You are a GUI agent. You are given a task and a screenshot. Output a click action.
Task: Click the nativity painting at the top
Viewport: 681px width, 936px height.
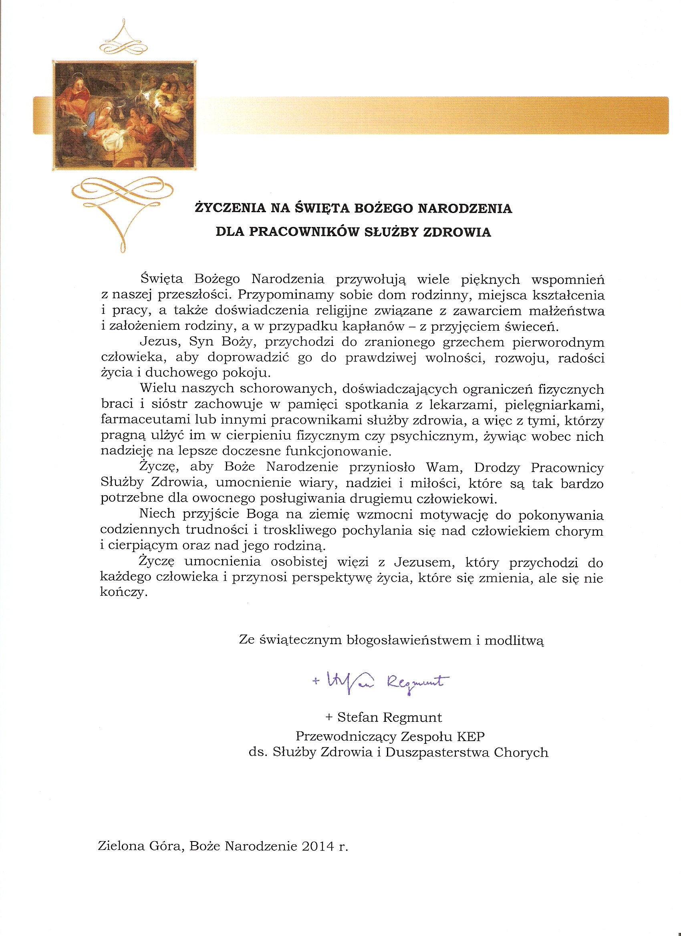click(124, 115)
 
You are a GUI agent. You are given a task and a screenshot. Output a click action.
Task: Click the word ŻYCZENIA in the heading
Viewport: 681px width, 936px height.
click(230, 208)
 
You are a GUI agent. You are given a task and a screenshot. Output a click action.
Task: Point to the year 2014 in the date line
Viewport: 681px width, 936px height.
click(318, 846)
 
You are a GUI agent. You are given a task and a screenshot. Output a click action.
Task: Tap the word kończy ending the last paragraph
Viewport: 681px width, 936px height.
click(123, 593)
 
